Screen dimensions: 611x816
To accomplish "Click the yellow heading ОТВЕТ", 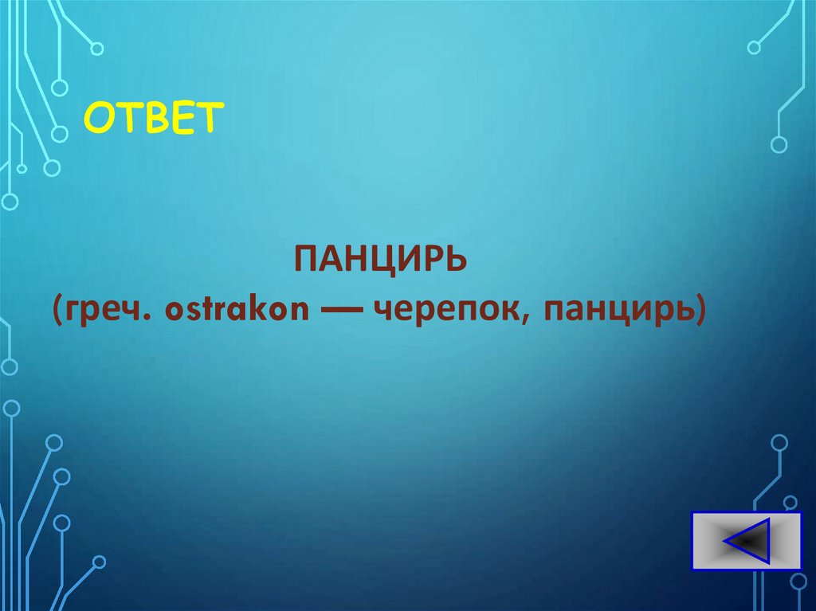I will [151, 119].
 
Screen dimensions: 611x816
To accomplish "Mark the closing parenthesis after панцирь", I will [700, 312].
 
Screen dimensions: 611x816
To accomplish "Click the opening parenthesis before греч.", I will [60, 312].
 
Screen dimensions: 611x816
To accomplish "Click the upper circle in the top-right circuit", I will [753, 47].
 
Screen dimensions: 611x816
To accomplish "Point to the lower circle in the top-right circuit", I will [779, 144].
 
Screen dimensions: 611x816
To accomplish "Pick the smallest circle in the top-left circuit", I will [22, 168].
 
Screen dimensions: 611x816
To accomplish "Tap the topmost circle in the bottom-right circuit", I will [779, 442].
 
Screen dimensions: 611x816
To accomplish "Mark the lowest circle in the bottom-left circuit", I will [98, 562].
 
